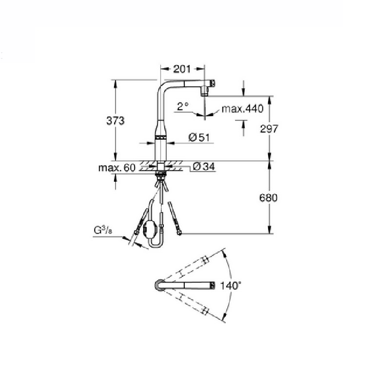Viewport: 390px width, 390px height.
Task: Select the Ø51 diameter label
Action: point(198,137)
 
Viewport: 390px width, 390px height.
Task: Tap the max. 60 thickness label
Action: point(117,168)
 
